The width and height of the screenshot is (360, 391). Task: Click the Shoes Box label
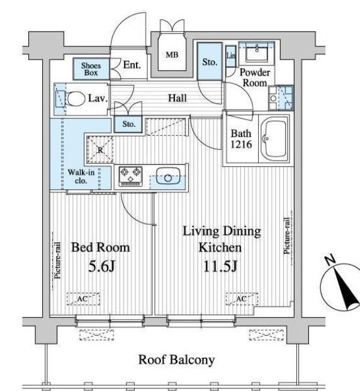[91, 69]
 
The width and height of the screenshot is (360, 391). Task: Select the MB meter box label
[172, 55]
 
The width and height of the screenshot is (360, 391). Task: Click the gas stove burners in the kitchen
[131, 176]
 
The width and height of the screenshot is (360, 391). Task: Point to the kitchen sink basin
[168, 176]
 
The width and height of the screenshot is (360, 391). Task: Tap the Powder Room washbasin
[257, 53]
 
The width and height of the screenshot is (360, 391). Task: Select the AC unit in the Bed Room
[83, 298]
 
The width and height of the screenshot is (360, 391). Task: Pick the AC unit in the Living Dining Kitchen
[242, 298]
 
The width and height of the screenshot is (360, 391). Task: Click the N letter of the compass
[330, 260]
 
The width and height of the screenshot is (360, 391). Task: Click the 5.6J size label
[101, 267]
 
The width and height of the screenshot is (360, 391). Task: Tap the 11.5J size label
[220, 266]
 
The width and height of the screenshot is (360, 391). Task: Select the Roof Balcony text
[176, 360]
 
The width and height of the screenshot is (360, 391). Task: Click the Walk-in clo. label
[81, 176]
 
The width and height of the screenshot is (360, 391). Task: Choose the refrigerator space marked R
[100, 150]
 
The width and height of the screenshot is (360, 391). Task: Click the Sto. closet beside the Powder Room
[210, 62]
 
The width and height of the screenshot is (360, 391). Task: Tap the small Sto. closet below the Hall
[128, 124]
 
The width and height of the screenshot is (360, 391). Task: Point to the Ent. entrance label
[132, 65]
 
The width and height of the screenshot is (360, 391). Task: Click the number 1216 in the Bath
[241, 144]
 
